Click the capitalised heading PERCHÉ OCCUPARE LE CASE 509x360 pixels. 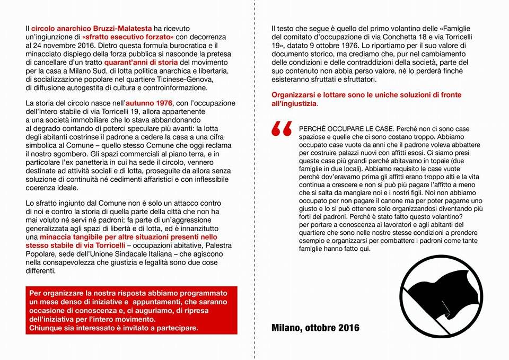[346, 129]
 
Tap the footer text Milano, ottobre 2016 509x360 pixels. [315, 328]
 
